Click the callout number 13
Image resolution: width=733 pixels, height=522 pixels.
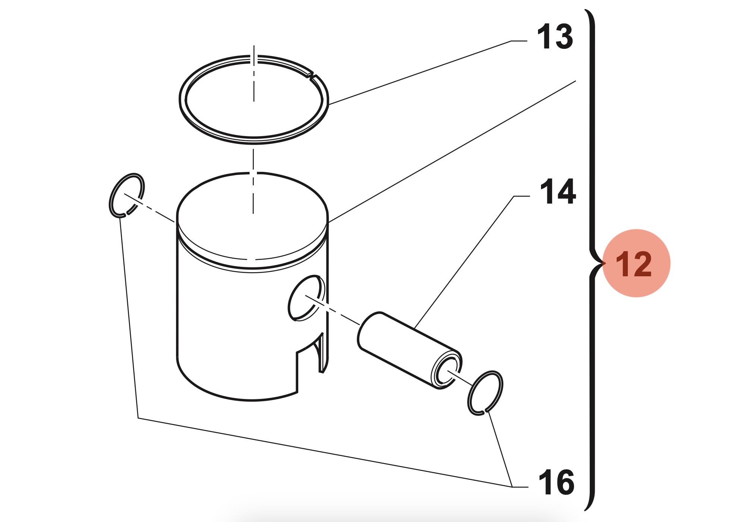(x=555, y=36)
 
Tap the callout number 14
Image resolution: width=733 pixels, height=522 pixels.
(x=558, y=192)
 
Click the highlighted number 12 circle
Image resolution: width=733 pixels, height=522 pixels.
(x=636, y=263)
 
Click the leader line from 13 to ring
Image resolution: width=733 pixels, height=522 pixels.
(x=428, y=72)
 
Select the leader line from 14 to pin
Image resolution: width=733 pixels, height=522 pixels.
(x=472, y=262)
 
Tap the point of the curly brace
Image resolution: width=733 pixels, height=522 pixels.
(x=603, y=263)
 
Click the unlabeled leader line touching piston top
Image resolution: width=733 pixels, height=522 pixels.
(x=452, y=151)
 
